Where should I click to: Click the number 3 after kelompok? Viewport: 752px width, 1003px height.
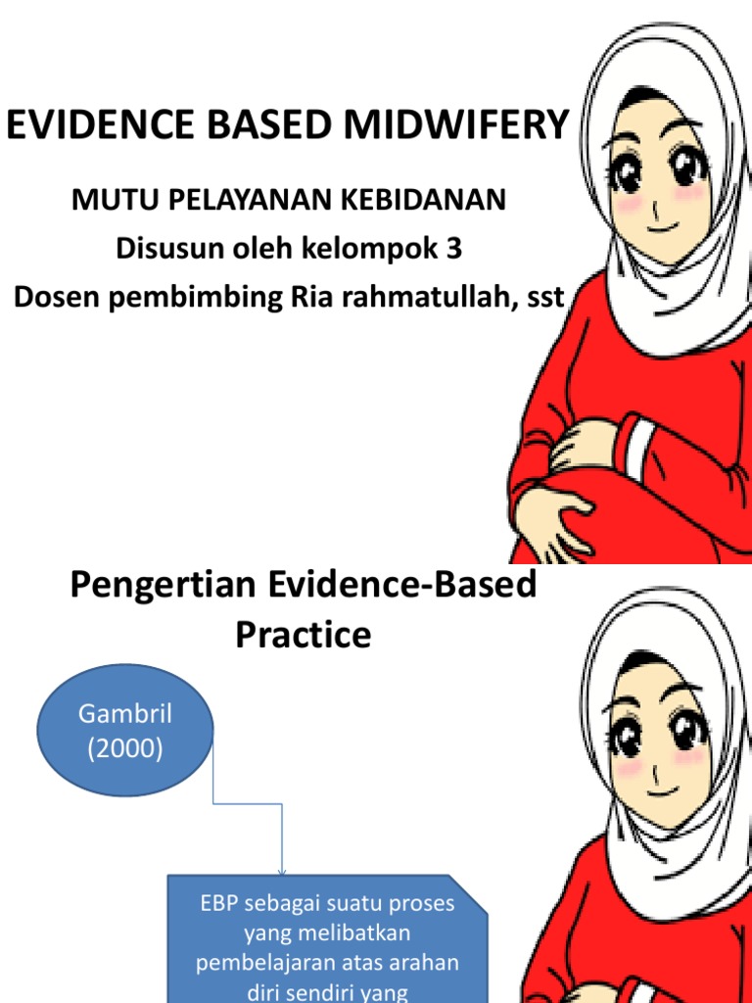(x=453, y=249)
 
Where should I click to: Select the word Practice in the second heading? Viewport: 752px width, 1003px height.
(x=304, y=635)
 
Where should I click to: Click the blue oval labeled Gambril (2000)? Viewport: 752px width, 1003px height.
(x=124, y=733)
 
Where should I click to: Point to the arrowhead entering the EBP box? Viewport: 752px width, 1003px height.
(x=283, y=871)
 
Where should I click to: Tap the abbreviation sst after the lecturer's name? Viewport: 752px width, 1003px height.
(x=545, y=298)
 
